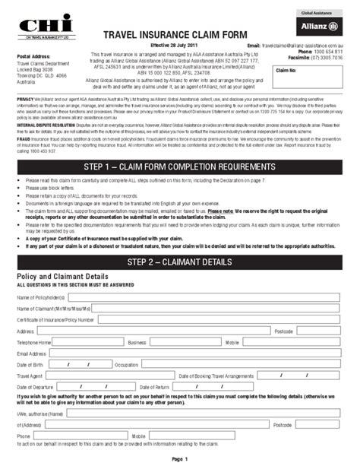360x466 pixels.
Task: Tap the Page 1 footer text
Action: pyautogui.click(x=179, y=459)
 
